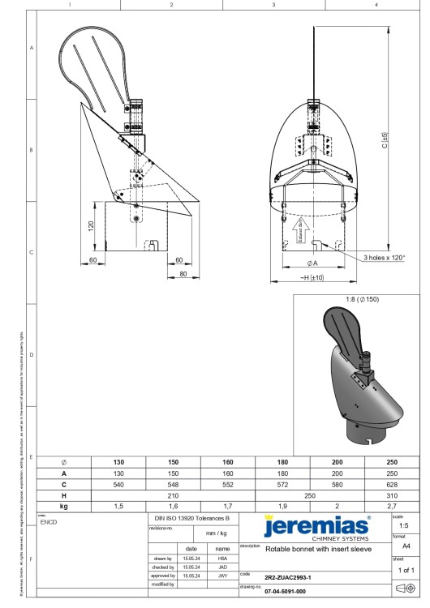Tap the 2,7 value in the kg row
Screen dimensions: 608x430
392,504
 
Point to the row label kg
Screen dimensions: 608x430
64,504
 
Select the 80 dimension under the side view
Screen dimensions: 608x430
183,274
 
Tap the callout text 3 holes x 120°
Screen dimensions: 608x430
385,258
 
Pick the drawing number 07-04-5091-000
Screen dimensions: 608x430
285,591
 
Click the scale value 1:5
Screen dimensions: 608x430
403,525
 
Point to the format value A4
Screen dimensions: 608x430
403,547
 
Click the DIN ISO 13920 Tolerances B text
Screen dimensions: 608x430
192,516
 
